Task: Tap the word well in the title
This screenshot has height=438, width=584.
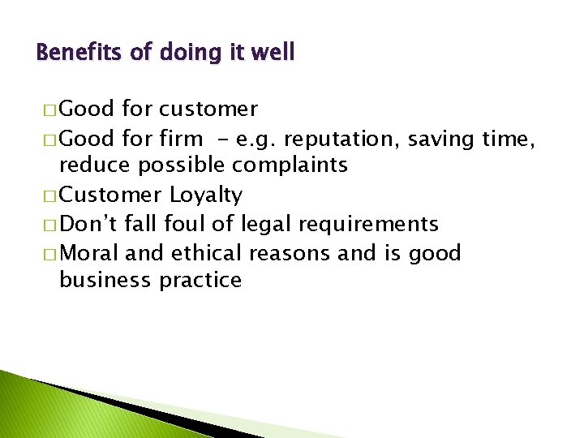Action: point(273,54)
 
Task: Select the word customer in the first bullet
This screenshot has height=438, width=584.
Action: point(208,109)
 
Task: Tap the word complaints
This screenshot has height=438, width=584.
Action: point(290,165)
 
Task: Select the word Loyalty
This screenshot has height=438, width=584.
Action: point(206,195)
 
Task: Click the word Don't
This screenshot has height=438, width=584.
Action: point(86,224)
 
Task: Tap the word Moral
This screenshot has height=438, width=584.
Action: point(89,253)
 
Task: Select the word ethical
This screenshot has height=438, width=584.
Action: point(206,253)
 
